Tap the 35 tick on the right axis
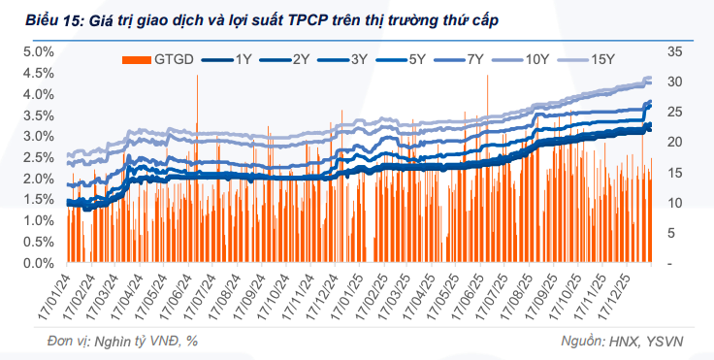[675, 51]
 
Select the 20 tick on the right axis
[675, 142]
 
